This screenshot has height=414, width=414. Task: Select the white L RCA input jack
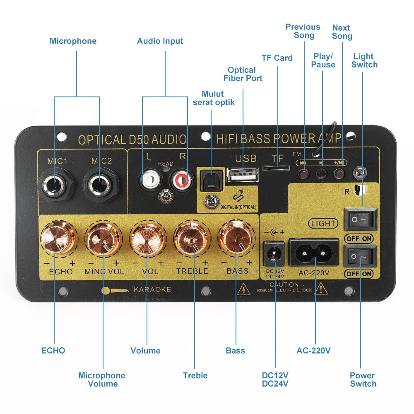pos(149,180)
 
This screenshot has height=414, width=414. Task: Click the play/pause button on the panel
pos(322,173)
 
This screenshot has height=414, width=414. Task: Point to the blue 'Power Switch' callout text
pos(363,380)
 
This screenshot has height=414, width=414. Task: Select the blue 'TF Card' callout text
pos(277,58)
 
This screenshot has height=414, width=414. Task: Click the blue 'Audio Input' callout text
pos(160,41)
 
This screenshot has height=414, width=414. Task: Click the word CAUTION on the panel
pos(284,285)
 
